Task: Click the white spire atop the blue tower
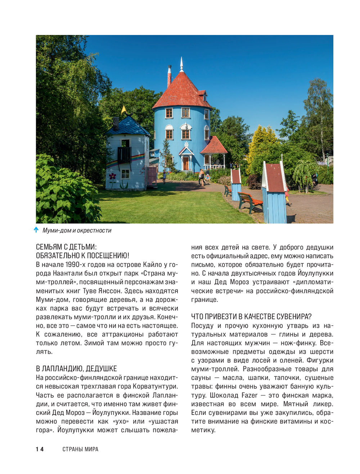182,64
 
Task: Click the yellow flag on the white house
124,110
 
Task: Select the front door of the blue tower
185,163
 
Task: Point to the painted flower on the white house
112,178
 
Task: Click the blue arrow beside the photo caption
36,230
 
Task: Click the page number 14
40,449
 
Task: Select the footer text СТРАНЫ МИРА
80,449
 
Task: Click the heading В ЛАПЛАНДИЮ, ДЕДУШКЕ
76,368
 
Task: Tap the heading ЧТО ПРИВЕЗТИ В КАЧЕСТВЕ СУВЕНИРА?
251,317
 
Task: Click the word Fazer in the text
249,395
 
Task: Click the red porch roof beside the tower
214,146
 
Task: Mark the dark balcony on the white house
124,154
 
